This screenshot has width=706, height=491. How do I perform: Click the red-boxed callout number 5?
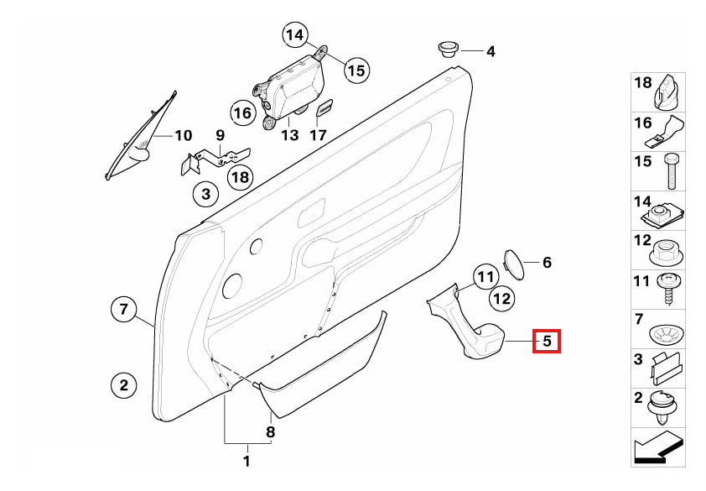pyautogui.click(x=547, y=341)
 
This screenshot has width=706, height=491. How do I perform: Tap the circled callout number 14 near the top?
pyautogui.click(x=295, y=34)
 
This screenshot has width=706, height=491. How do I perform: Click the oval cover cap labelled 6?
pyautogui.click(x=514, y=264)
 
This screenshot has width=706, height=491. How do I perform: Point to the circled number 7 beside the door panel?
pyautogui.click(x=124, y=310)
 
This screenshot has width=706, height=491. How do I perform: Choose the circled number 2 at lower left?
pyautogui.click(x=124, y=385)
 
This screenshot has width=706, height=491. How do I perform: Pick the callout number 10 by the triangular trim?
pyautogui.click(x=184, y=135)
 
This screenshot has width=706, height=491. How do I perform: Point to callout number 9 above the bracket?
pyautogui.click(x=220, y=135)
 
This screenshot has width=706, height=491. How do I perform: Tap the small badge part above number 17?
pyautogui.click(x=324, y=108)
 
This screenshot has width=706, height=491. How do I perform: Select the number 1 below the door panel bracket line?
pyautogui.click(x=247, y=462)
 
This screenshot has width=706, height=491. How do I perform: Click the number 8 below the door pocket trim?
pyautogui.click(x=270, y=432)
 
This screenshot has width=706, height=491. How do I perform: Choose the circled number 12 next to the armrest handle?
pyautogui.click(x=502, y=299)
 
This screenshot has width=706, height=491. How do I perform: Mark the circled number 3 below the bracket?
pyautogui.click(x=205, y=195)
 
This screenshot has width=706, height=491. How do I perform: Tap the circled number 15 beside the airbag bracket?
pyautogui.click(x=357, y=71)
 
